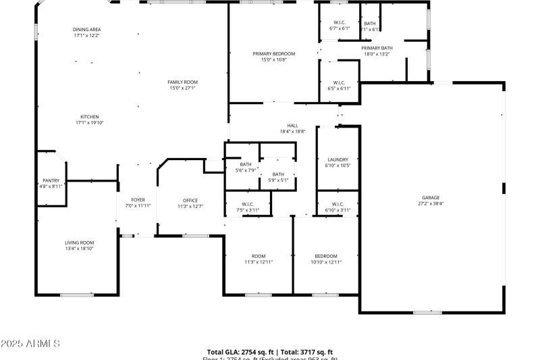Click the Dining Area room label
click(x=86, y=30)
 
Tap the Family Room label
click(x=182, y=82)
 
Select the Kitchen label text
click(x=90, y=116)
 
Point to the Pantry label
click(x=51, y=180)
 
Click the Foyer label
click(x=138, y=200)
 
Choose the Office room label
click(x=190, y=200)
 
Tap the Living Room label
click(x=79, y=242)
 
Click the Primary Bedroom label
click(x=274, y=53)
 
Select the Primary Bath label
click(x=377, y=48)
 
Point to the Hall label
click(x=292, y=125)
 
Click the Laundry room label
click(x=337, y=159)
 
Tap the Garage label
click(x=431, y=197)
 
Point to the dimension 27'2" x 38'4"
click(x=431, y=203)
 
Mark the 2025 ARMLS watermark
click(x=31, y=344)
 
